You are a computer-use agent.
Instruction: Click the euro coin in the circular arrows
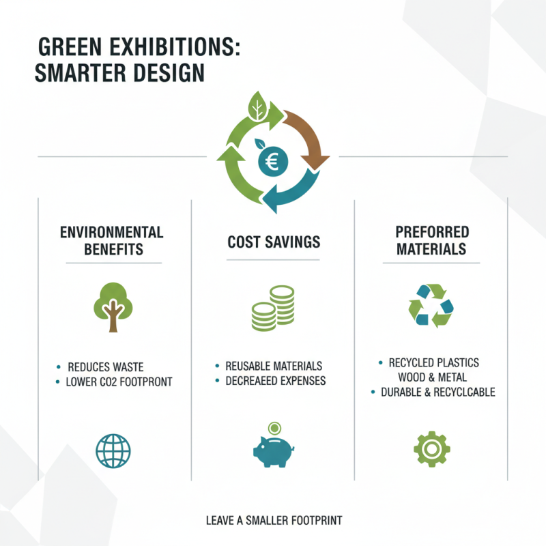273,161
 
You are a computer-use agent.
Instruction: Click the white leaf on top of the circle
258,107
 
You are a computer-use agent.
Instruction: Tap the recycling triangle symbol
431,304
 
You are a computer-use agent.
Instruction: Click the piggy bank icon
273,448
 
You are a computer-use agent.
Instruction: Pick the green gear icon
431,448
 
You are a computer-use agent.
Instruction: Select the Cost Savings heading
273,242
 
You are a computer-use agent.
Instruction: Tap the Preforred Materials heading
431,240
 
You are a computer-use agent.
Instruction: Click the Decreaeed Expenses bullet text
276,381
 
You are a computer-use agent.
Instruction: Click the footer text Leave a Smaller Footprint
274,521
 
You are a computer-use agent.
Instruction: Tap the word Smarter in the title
83,73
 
